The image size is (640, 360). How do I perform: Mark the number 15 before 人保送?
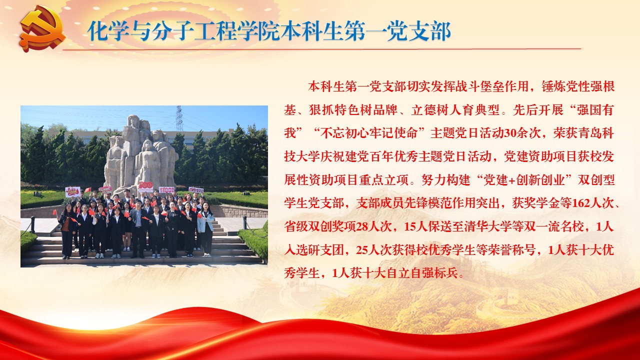coord(411,226)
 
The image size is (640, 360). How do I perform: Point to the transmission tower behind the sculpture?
coord(179,118)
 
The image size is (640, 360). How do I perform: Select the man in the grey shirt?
coord(138,228)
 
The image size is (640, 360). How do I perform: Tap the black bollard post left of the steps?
coord(32,224)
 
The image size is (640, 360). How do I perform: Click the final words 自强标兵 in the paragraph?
coord(434,273)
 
